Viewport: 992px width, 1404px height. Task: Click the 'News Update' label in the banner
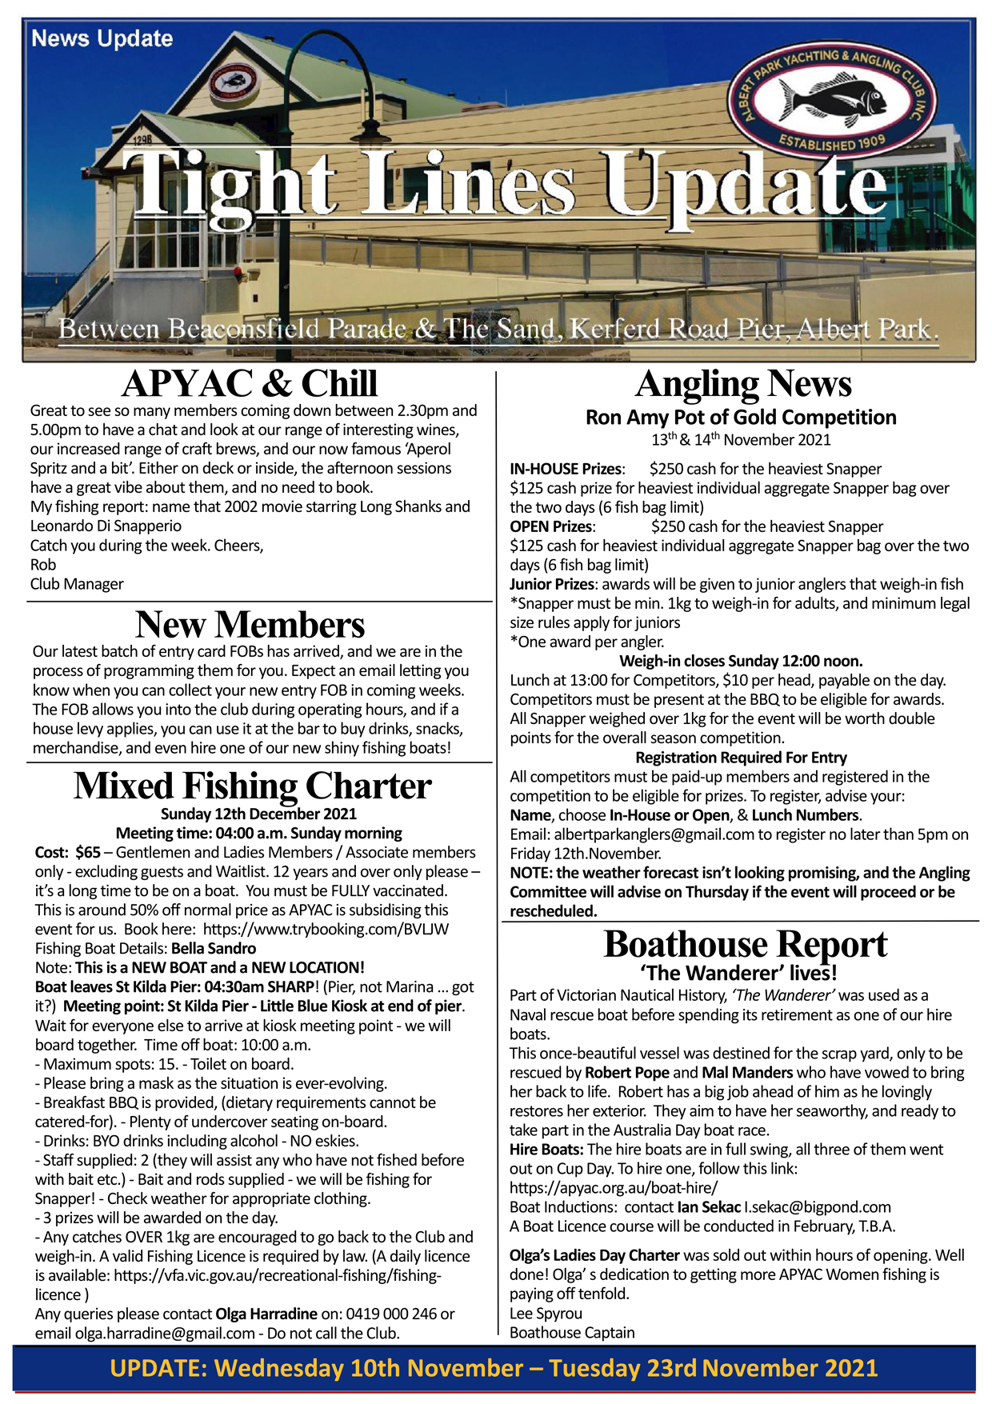[x=102, y=38]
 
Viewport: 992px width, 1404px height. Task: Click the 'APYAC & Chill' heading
[x=250, y=384]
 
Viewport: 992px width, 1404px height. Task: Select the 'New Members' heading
[x=250, y=625]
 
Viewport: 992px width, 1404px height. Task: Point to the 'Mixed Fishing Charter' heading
[x=253, y=786]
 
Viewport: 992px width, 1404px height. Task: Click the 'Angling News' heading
[x=743, y=384]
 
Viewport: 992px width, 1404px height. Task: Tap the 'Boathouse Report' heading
[x=745, y=945]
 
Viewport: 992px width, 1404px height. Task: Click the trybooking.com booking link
[x=326, y=930]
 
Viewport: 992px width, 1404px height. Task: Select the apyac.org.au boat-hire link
[x=614, y=1188]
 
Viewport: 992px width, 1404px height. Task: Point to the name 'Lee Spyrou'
[x=546, y=1314]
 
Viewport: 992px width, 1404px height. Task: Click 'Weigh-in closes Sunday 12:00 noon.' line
[x=741, y=661]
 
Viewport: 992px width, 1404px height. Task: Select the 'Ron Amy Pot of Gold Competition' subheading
[x=741, y=418]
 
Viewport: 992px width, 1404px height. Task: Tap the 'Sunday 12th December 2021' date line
[x=258, y=814]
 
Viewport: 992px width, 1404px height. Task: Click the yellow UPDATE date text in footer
[x=494, y=1368]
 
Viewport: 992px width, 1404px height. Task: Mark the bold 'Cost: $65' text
[x=68, y=853]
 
